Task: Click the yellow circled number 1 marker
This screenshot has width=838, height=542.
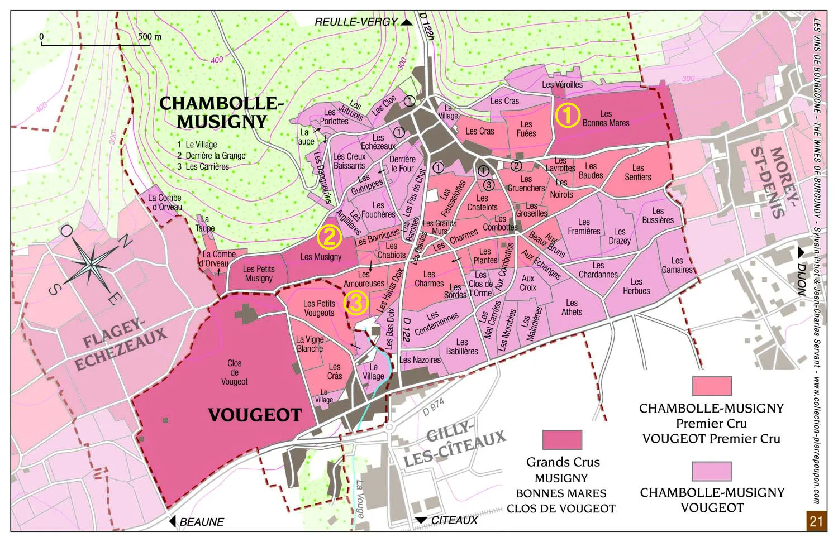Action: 567,116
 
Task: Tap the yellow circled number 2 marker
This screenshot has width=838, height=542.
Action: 329,237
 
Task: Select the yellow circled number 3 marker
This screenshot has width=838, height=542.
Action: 356,303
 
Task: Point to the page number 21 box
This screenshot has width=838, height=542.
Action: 816,521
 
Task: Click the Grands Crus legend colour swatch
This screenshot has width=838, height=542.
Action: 562,440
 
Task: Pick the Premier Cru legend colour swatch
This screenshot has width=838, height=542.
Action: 712,386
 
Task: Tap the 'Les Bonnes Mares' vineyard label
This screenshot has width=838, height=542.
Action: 606,118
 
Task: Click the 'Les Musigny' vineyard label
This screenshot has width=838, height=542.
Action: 321,257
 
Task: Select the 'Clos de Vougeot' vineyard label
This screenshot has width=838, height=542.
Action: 234,372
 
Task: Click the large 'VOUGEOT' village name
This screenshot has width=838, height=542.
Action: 255,415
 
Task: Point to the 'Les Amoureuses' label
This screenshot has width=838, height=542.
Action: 364,279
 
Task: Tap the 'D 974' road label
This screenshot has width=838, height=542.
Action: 434,407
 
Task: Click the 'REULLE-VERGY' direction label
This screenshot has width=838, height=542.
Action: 356,22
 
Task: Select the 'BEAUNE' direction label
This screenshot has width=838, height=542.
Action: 202,522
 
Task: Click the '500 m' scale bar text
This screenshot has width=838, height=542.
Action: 150,37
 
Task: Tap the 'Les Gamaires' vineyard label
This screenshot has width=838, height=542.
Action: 677,265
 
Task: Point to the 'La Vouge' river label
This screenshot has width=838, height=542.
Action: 360,498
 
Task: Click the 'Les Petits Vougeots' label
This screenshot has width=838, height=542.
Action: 319,308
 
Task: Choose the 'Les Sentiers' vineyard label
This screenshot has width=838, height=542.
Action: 637,172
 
